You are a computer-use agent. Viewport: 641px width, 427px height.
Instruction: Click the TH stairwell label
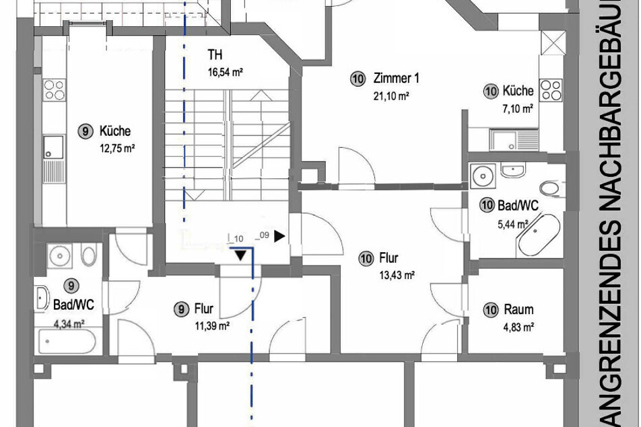pyautogui.click(x=215, y=54)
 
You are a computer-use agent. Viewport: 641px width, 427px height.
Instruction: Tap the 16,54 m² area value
pyautogui.click(x=226, y=73)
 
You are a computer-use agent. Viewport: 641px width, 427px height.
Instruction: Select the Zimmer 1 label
pyautogui.click(x=396, y=78)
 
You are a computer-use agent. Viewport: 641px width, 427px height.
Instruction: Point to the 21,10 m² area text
pyautogui.click(x=391, y=96)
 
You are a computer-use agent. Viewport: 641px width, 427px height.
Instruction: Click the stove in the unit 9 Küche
pyautogui.click(x=54, y=90)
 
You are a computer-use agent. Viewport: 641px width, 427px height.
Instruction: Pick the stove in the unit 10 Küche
pyautogui.click(x=551, y=90)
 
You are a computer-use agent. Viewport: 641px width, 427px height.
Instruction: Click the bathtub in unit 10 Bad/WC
pyautogui.click(x=539, y=235)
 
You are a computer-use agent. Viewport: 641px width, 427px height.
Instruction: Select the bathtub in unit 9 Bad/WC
pyautogui.click(x=67, y=342)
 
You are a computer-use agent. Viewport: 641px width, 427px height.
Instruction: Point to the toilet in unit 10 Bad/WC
pyautogui.click(x=549, y=188)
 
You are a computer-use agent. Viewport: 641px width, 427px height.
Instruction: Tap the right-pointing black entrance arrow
pyautogui.click(x=279, y=236)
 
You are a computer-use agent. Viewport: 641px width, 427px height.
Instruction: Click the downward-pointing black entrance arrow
pyautogui.click(x=240, y=256)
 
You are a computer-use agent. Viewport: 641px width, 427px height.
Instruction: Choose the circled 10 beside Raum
pyautogui.click(x=491, y=310)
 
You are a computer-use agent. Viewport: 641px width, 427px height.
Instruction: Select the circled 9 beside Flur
pyautogui.click(x=181, y=309)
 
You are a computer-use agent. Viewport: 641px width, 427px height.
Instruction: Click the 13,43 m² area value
pyautogui.click(x=397, y=276)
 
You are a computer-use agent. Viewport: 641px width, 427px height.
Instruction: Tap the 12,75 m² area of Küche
pyautogui.click(x=117, y=149)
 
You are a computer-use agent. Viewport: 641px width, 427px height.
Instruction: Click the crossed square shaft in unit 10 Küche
pyautogui.click(x=553, y=42)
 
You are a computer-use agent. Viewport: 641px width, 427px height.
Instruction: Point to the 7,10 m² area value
pyautogui.click(x=517, y=109)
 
